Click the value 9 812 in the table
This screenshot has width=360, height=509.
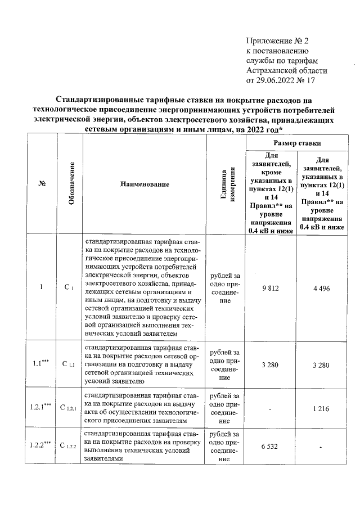[x=271, y=289]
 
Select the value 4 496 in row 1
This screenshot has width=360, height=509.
[x=322, y=289]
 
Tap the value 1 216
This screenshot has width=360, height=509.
[x=322, y=408]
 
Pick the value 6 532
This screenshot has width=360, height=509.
[x=271, y=447]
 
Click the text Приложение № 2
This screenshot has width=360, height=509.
[x=278, y=40]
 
